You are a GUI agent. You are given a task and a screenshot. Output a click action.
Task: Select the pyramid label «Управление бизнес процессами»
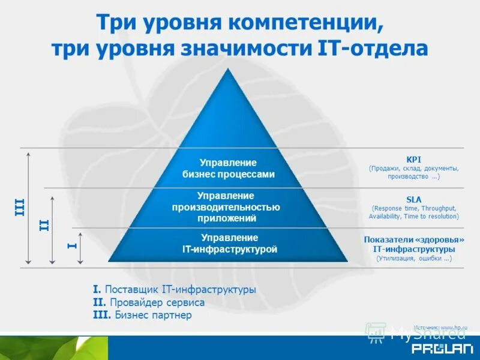[228, 169]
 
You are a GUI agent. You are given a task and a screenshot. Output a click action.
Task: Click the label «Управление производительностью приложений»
[226, 207]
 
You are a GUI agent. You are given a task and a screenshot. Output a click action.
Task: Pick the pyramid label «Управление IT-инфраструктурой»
[230, 244]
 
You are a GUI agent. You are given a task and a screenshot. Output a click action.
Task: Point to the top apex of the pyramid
[228, 70]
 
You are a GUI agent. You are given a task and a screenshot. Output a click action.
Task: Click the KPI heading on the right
[414, 159]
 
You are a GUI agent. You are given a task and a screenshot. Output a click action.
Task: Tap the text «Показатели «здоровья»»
[414, 239]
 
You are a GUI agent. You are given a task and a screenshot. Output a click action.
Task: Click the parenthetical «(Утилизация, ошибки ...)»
[414, 258]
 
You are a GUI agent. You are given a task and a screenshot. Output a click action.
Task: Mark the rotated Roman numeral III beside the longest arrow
[19, 208]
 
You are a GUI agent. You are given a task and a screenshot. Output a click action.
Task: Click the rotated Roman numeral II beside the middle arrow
[44, 226]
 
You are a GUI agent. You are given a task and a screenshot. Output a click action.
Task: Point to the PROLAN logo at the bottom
[434, 349]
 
